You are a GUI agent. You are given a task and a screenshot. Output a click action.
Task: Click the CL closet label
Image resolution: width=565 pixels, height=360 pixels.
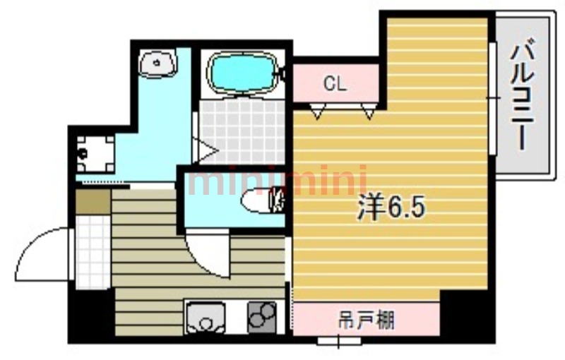click(x=335, y=84)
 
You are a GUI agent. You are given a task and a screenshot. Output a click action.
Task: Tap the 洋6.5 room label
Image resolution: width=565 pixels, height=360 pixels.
click(x=391, y=208)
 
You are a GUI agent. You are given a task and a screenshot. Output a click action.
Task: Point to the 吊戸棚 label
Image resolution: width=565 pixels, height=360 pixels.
click(x=366, y=320)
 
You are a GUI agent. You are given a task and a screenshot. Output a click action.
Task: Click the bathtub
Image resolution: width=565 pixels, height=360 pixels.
click(x=242, y=74)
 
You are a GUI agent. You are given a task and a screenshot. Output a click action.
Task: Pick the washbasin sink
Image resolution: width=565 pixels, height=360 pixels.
click(x=157, y=64)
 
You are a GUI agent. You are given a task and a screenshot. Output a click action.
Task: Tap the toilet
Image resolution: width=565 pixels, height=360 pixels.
click(x=263, y=200)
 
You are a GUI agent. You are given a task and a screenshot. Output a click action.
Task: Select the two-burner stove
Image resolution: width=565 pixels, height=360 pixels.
click(x=262, y=316)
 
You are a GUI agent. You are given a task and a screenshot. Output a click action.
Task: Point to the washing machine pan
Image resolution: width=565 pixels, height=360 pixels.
click(x=95, y=154)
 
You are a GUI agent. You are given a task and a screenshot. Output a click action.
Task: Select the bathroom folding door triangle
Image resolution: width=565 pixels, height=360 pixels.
click(x=206, y=150)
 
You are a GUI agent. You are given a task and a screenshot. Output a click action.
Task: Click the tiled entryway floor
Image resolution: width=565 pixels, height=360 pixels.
click(x=93, y=252)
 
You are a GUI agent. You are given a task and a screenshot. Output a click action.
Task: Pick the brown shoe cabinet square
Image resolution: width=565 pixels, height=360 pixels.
click(x=93, y=202)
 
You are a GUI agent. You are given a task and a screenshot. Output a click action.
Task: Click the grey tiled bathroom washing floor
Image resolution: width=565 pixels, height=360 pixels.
click(x=242, y=131)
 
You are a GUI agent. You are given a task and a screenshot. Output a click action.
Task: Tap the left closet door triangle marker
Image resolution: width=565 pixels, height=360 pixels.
click(x=317, y=112)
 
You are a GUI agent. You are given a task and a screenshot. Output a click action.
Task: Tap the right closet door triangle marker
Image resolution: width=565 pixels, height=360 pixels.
click(x=369, y=112)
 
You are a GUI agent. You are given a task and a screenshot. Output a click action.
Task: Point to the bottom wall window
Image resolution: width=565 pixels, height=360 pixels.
click(x=339, y=340)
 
